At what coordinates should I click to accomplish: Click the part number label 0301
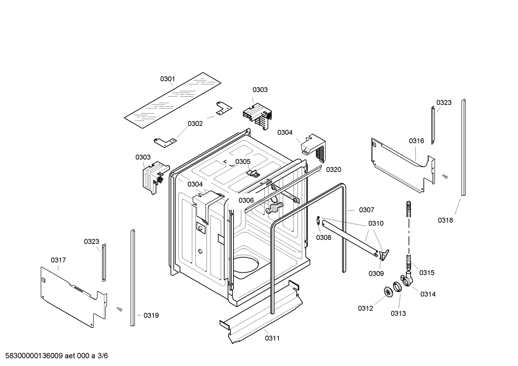click(x=167, y=79)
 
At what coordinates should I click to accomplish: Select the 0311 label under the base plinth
click(x=272, y=338)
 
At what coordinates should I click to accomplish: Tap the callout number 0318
click(x=445, y=220)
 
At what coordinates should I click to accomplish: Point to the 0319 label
click(x=151, y=315)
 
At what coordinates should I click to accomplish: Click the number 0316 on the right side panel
click(x=416, y=141)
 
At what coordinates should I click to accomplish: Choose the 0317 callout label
click(x=58, y=260)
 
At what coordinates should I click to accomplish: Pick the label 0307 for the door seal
click(x=366, y=210)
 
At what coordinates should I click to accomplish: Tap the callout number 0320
click(x=333, y=170)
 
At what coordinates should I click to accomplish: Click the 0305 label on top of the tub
click(x=243, y=162)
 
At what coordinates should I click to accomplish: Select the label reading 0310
click(x=376, y=223)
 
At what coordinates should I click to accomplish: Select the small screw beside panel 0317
click(x=120, y=309)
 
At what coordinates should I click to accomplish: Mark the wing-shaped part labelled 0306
click(x=274, y=207)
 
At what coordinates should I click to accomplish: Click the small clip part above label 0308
click(x=319, y=221)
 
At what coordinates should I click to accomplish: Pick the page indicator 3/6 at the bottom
click(x=103, y=356)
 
